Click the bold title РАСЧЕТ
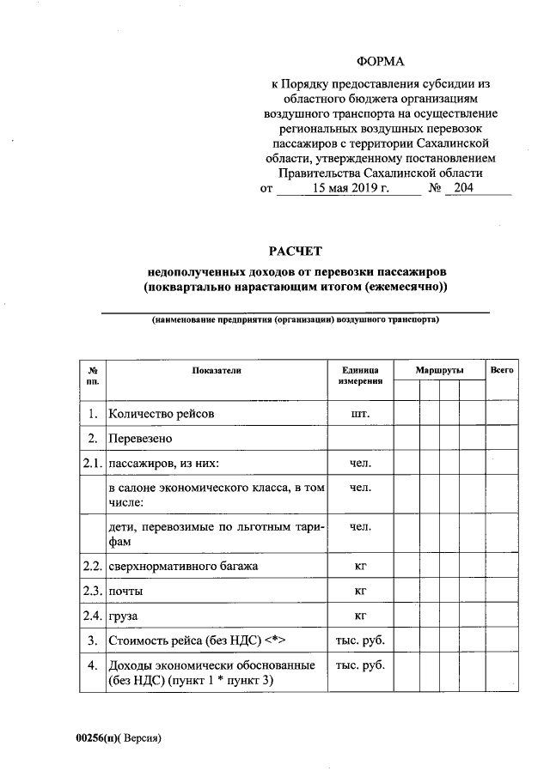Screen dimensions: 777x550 pos(295,251)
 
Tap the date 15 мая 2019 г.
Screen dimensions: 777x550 pos(351,188)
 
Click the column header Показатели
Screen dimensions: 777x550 pos(217,369)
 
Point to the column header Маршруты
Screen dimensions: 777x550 pos(439,369)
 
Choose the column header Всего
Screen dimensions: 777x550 pos(501,369)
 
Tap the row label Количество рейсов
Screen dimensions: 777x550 pos(161,414)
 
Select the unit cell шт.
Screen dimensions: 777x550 pos(360,414)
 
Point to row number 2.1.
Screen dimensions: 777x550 pos(92,464)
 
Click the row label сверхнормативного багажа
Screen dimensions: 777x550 pos(182,567)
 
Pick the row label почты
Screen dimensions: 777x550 pos(126,592)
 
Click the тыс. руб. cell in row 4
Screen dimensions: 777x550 pos(360,665)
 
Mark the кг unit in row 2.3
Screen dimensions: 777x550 pos(360,592)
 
